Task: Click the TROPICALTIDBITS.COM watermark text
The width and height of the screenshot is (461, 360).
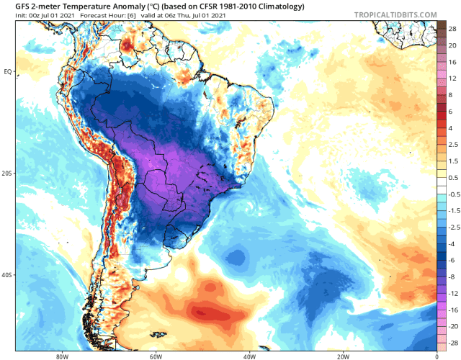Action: (x=395, y=14)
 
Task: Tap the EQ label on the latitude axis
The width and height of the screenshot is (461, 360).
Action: (x=8, y=71)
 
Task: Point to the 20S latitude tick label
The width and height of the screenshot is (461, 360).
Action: (x=8, y=174)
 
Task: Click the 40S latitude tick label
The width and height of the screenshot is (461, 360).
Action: (x=8, y=275)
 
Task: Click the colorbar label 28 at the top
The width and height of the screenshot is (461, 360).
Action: (x=452, y=28)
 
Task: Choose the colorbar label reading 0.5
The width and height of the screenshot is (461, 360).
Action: (x=452, y=177)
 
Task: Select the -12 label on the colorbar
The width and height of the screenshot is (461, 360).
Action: (x=451, y=294)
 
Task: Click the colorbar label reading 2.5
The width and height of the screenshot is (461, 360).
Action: (x=452, y=145)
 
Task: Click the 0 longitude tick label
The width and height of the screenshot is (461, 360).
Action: (x=437, y=354)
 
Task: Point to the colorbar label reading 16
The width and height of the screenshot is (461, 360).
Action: (x=452, y=61)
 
